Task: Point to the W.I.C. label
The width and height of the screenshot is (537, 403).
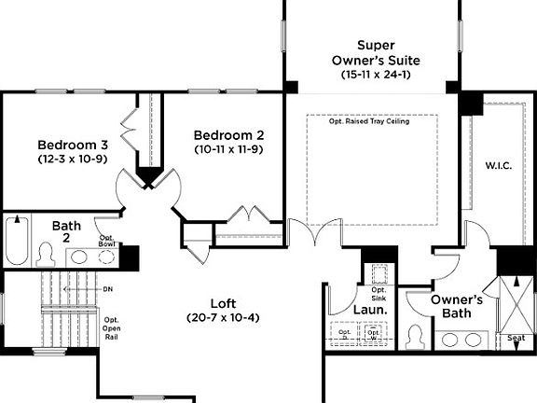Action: pos(498,167)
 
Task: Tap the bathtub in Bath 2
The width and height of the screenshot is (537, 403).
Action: pos(16,241)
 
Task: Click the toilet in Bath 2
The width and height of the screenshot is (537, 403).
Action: pos(46,254)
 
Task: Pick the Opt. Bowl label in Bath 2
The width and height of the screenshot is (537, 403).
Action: pos(108,241)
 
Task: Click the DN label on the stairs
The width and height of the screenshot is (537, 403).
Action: pos(107,289)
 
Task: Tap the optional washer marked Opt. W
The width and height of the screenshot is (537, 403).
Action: pos(376,333)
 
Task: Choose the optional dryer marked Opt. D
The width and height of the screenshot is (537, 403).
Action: pos(345,333)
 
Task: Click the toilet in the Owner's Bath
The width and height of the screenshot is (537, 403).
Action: pos(413,333)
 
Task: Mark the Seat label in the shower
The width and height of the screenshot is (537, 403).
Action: pos(514,338)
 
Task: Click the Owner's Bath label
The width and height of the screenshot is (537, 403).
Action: pos(456,306)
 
